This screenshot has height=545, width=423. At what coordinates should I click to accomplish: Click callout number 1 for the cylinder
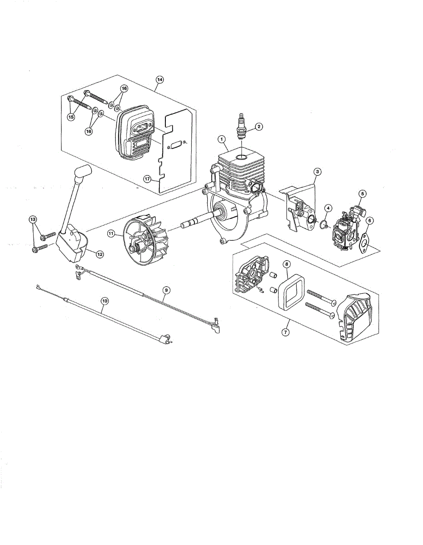[221, 139]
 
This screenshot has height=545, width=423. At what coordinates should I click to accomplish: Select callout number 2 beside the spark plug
[258, 126]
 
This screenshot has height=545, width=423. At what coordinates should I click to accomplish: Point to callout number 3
[318, 172]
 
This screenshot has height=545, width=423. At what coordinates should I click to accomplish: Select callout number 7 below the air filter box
[285, 332]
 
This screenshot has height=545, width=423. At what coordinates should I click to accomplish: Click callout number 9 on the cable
[166, 289]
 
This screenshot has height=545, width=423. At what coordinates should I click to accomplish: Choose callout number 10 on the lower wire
[105, 300]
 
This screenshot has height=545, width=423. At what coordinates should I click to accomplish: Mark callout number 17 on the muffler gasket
[147, 179]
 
